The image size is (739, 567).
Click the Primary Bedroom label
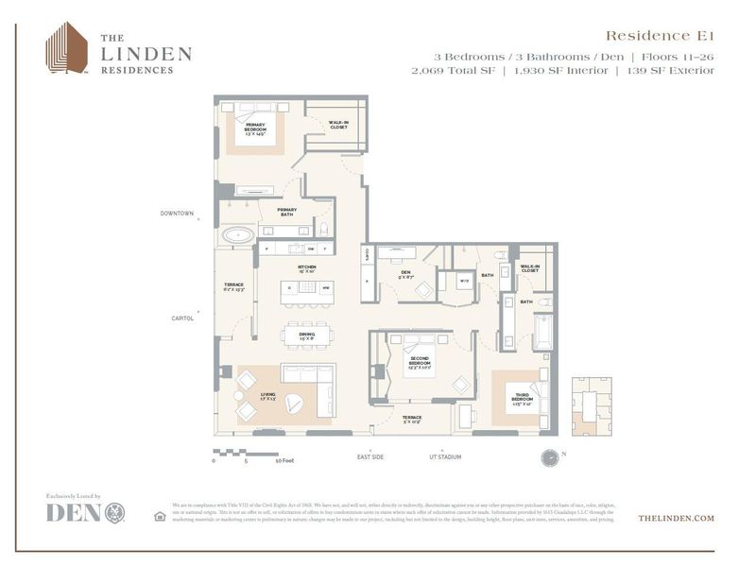click(255, 129)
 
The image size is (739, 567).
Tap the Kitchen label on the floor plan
click(307, 269)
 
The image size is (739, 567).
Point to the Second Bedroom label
click(420, 362)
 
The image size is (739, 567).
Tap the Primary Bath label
click(286, 213)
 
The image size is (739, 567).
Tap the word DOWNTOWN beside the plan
click(177, 214)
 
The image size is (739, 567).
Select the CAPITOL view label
click(182, 318)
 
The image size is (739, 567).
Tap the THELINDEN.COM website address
click(676, 519)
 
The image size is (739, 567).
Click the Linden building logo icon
click(67, 48)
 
